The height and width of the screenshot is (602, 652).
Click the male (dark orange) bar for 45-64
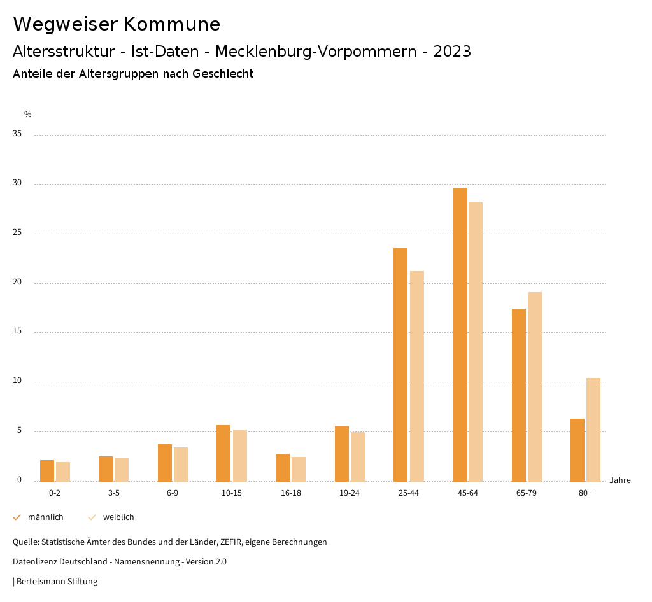pyautogui.click(x=460, y=334)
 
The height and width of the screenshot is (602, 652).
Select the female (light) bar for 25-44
pyautogui.click(x=417, y=375)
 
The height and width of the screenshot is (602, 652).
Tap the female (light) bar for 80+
pyautogui.click(x=593, y=430)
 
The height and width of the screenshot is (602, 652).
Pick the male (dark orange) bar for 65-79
pyautogui.click(x=519, y=395)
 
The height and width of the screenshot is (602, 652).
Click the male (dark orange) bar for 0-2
pyautogui.click(x=47, y=470)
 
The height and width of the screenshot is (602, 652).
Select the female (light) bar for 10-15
pyautogui.click(x=240, y=455)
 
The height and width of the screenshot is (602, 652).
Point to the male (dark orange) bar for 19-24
pyautogui.click(x=342, y=453)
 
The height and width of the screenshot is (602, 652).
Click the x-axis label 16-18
pyautogui.click(x=290, y=493)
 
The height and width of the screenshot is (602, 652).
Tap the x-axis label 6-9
pyautogui.click(x=173, y=493)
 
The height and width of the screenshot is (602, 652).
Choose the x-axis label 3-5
pyautogui.click(x=113, y=493)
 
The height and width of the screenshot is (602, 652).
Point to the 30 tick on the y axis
pyautogui.click(x=17, y=183)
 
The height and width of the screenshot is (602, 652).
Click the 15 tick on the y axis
pyautogui.click(x=17, y=332)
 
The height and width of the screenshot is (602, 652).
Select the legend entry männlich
pyautogui.click(x=45, y=517)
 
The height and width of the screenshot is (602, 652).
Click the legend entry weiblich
pyautogui.click(x=118, y=517)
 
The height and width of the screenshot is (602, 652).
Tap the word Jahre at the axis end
pyautogui.click(x=620, y=480)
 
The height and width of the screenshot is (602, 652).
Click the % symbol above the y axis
pyautogui.click(x=27, y=115)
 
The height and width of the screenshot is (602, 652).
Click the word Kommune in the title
pyautogui.click(x=172, y=24)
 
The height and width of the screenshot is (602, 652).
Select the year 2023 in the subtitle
pyautogui.click(x=452, y=52)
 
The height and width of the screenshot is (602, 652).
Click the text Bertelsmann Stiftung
pyautogui.click(x=57, y=582)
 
